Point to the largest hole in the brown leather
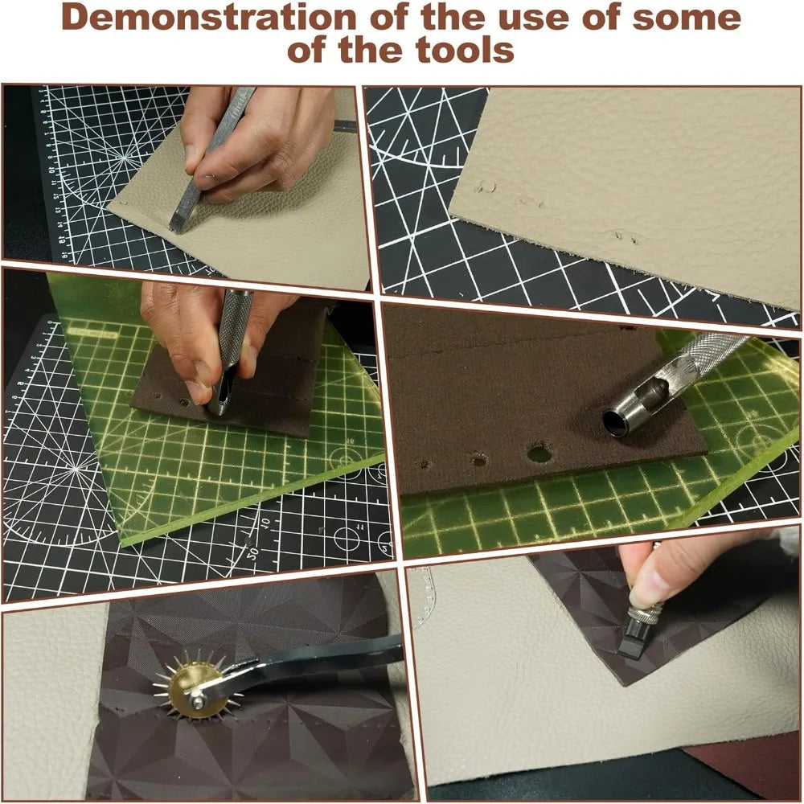[x=539, y=454]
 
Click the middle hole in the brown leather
[x=479, y=461]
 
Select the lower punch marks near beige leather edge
[x=622, y=237]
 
